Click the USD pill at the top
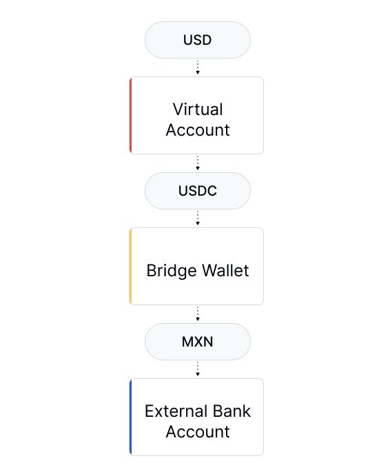198,40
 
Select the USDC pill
198,191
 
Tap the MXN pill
198,342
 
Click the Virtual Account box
196,116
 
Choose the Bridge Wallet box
196,267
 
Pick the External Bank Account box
196,418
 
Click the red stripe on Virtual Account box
131,116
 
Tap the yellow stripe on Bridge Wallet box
131,267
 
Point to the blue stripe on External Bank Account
131,418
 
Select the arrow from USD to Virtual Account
198,67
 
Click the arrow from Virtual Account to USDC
198,163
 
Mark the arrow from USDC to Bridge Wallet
198,218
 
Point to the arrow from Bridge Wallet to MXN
198,313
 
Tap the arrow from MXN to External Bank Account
198,369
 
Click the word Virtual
198,109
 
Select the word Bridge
172,271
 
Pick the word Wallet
225,270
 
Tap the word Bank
232,411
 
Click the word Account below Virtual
198,130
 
